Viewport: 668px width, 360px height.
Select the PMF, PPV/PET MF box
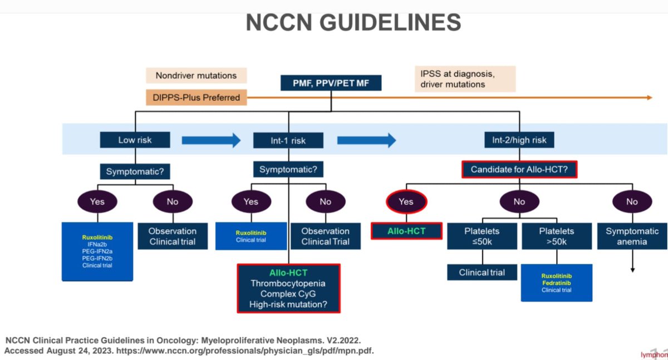point(330,83)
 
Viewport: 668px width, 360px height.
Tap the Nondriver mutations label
point(196,76)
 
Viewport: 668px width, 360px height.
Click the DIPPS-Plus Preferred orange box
point(196,97)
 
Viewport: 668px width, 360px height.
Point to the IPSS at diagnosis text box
point(465,79)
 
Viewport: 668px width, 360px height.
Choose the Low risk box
point(135,140)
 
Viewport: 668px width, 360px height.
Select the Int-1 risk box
point(288,140)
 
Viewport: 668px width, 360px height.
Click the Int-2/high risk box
point(519,140)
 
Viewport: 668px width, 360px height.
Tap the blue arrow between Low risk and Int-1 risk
point(211,140)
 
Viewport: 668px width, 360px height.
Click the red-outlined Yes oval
point(406,201)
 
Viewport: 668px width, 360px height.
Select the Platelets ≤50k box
point(482,236)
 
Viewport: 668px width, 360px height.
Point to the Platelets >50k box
point(556,236)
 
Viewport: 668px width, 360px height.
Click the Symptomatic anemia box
point(632,236)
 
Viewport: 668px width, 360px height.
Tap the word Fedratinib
point(556,283)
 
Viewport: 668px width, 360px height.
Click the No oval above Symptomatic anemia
point(632,201)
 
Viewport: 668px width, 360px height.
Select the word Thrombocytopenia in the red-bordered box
point(288,284)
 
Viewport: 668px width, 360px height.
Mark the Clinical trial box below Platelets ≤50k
point(482,273)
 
